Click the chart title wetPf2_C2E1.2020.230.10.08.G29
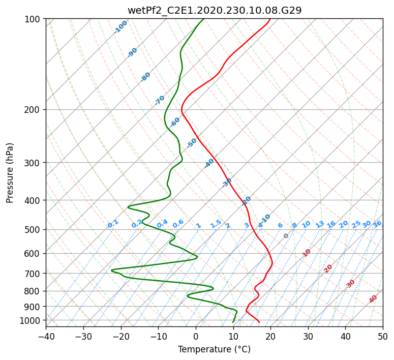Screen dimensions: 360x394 214,10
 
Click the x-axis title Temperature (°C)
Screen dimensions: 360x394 214,349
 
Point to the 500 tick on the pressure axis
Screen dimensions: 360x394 33,229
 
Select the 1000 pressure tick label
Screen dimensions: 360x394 31,320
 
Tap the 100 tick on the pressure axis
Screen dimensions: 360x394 33,19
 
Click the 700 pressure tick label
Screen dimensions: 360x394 33,274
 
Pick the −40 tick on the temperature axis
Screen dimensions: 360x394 46,336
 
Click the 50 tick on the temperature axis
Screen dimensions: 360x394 383,336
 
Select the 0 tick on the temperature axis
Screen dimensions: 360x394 196,336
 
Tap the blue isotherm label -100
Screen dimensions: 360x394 120,27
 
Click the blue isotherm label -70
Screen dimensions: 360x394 160,100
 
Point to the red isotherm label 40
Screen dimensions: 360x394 373,299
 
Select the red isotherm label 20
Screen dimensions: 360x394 328,268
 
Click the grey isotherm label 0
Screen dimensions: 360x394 286,236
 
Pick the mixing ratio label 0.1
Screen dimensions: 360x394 113,224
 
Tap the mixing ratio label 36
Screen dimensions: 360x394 377,224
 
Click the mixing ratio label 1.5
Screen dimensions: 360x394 216,224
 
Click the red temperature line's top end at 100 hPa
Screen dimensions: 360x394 270,19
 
